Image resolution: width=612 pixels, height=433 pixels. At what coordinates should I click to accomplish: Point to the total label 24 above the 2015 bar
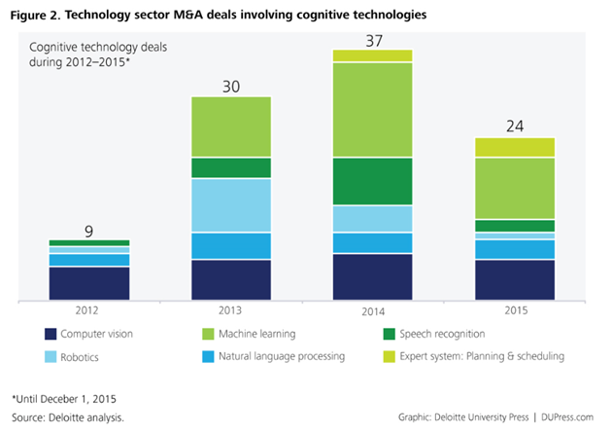[x=515, y=126]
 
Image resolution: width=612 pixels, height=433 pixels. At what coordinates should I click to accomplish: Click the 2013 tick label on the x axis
[x=231, y=312]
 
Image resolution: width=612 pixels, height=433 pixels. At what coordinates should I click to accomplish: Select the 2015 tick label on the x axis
[x=515, y=312]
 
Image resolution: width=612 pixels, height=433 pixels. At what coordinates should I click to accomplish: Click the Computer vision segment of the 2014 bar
[x=373, y=276]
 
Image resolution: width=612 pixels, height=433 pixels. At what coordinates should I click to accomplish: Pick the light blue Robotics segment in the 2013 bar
[x=231, y=205]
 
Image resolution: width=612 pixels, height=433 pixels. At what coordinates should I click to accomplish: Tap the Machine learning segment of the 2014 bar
[x=373, y=110]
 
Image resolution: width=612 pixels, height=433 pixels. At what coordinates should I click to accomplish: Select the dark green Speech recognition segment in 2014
[x=373, y=181]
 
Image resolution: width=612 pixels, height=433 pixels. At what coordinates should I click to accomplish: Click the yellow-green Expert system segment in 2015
[x=515, y=147]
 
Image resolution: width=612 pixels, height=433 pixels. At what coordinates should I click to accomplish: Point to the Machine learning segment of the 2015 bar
[x=515, y=188]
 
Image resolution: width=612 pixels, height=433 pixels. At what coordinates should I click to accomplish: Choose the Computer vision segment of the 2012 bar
[x=89, y=282]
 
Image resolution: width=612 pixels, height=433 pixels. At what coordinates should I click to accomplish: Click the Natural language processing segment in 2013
[x=231, y=246]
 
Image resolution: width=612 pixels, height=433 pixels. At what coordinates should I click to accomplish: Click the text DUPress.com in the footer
[x=568, y=416]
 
